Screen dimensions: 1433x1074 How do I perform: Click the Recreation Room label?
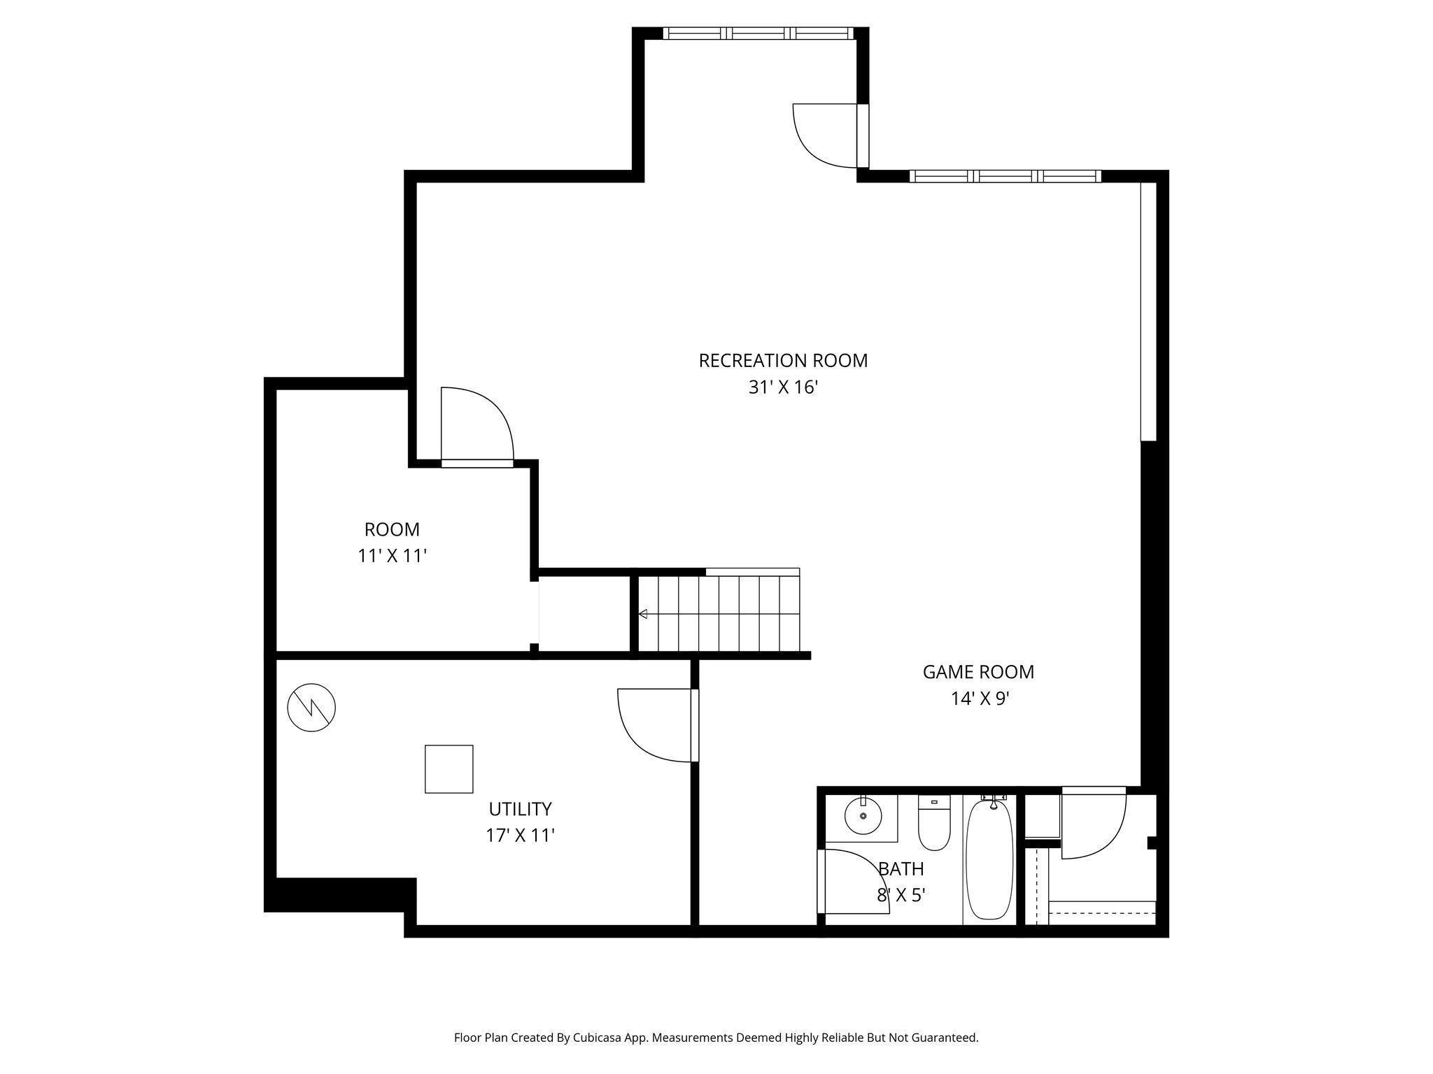tap(783, 361)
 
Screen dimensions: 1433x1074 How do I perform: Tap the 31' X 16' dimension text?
tap(783, 387)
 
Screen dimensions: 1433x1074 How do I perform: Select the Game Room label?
tap(978, 672)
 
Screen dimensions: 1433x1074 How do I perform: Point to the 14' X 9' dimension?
tap(980, 699)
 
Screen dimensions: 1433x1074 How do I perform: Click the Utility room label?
tap(520, 809)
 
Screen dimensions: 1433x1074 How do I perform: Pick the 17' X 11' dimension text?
tap(520, 836)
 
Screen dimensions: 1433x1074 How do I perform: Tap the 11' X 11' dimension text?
tap(392, 556)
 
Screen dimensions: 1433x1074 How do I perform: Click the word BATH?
tap(901, 869)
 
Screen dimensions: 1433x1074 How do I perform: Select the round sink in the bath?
tap(863, 816)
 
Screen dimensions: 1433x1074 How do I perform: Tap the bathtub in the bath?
tap(989, 859)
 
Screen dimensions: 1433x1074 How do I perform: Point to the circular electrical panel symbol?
tap(311, 708)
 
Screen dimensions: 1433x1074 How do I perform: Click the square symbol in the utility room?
tap(449, 769)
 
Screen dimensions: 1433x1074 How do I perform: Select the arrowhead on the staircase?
tap(643, 614)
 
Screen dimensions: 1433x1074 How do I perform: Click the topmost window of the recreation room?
tap(758, 33)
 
